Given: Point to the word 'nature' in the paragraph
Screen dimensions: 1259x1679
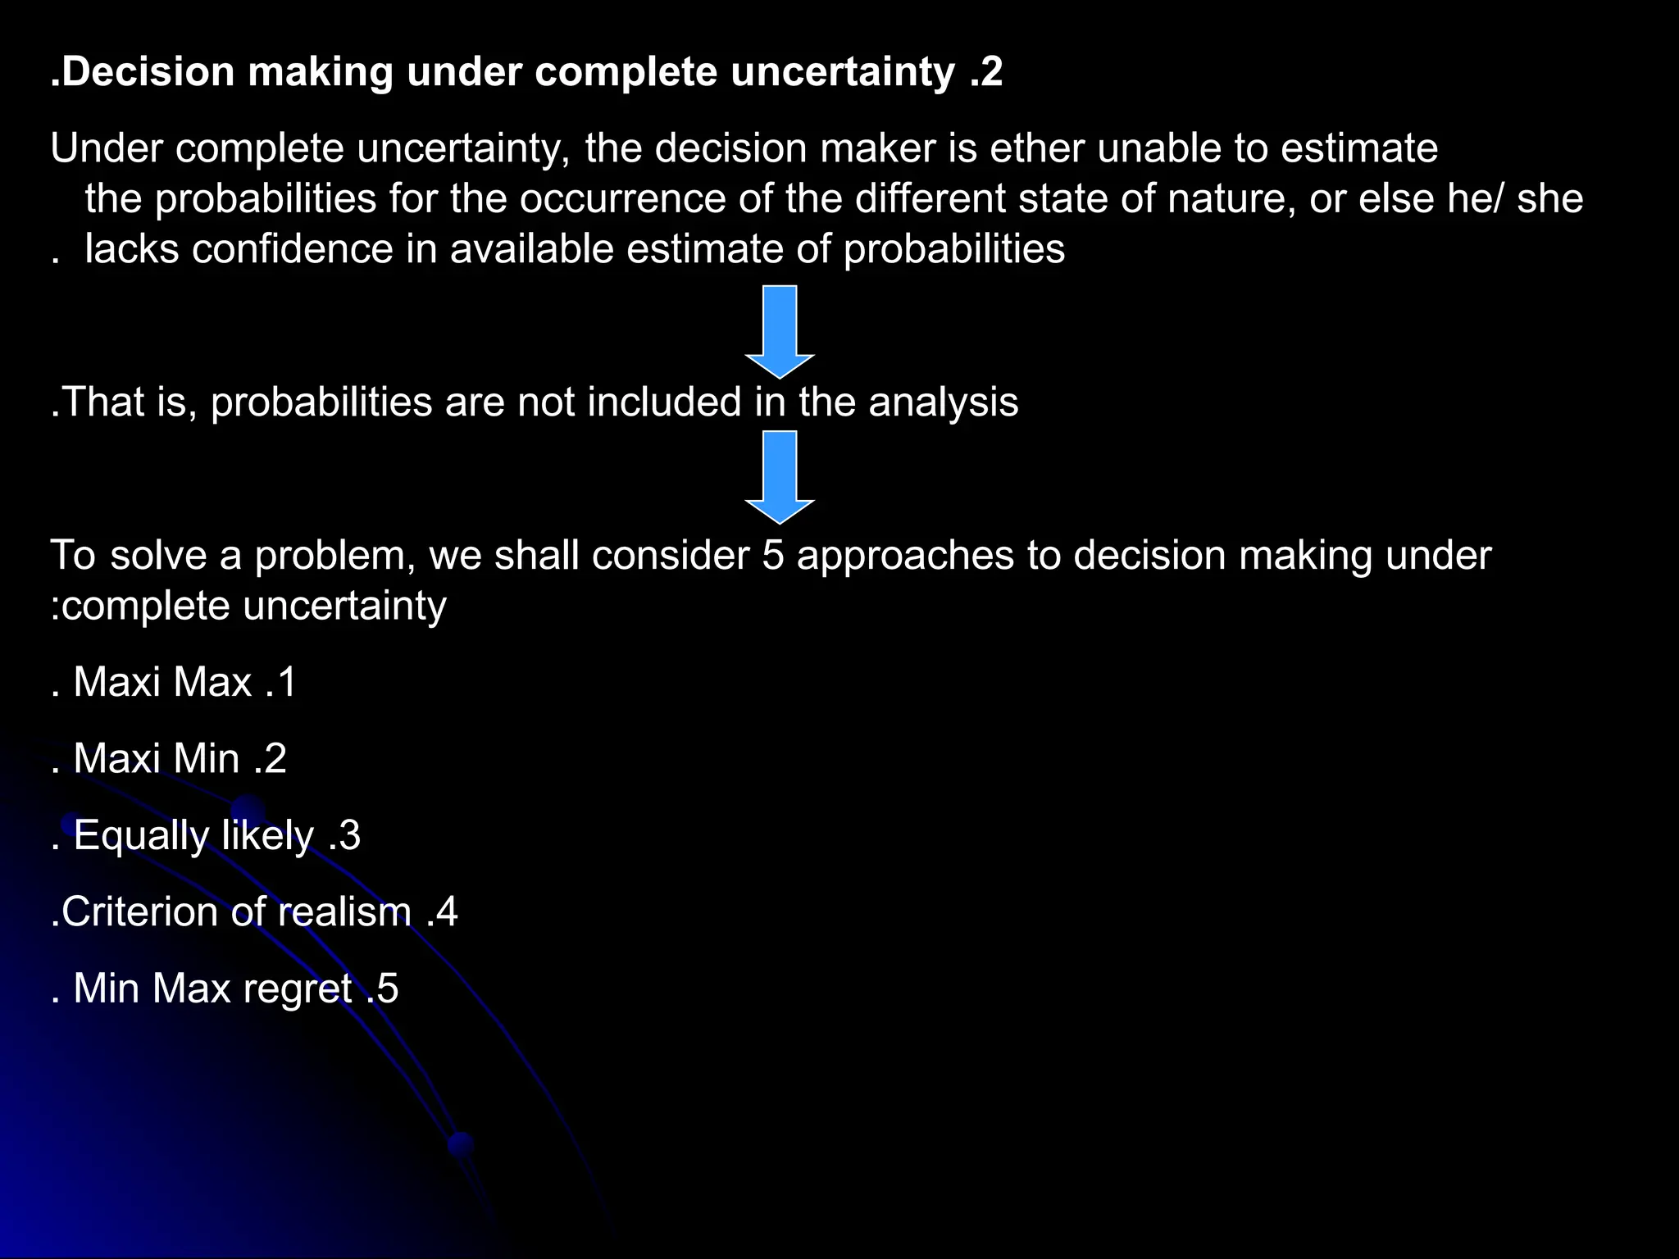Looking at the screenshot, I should point(1231,199).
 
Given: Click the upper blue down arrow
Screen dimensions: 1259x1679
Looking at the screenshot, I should point(780,331).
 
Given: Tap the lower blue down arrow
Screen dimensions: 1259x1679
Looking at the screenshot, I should point(780,477).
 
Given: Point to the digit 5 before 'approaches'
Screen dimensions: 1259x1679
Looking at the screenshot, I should point(773,556).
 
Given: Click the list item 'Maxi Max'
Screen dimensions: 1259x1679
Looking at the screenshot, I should point(162,682).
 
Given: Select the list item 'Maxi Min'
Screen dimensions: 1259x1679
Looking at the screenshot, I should point(157,759).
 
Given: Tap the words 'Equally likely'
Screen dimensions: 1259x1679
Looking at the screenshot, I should point(193,836).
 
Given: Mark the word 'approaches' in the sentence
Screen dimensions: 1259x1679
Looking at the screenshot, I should point(905,556).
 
